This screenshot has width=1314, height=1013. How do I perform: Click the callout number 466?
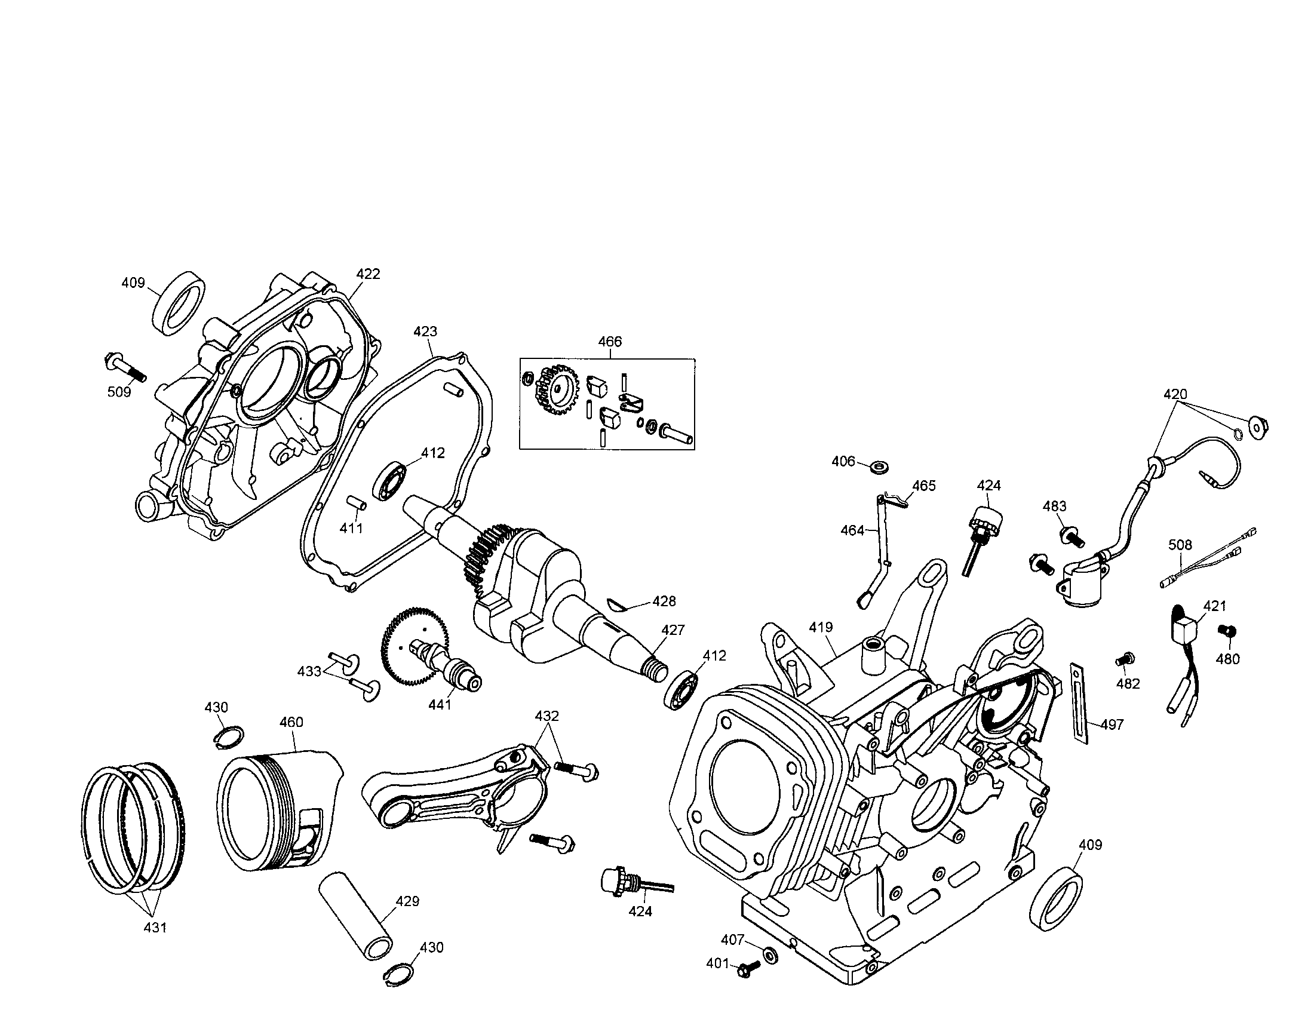(609, 342)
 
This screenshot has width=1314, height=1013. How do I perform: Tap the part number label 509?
(119, 392)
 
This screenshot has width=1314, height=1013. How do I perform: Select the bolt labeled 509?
(126, 369)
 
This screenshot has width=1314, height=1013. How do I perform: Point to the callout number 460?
(291, 722)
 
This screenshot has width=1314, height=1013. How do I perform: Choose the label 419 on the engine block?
(821, 627)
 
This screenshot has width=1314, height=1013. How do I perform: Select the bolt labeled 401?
(745, 968)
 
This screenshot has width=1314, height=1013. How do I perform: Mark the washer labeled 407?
(769, 954)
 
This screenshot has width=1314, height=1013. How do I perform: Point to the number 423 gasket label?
(425, 331)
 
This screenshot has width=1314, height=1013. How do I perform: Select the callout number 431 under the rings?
(155, 928)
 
